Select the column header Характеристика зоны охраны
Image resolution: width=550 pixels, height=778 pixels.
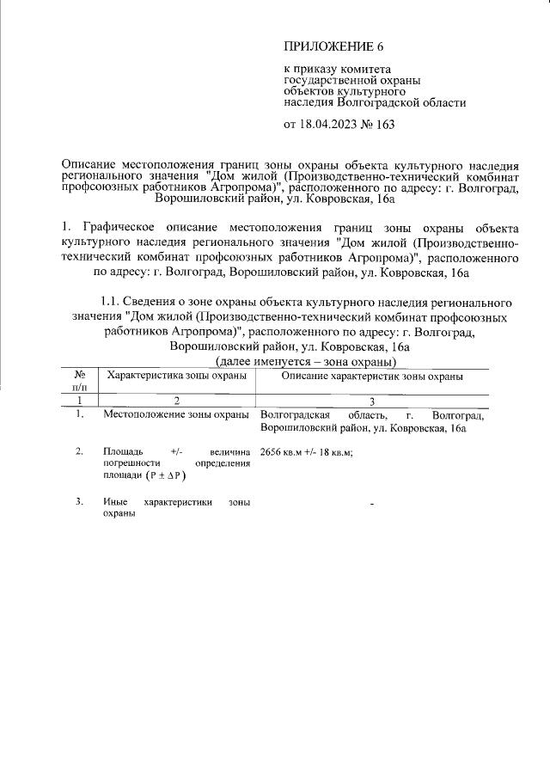(x=176, y=376)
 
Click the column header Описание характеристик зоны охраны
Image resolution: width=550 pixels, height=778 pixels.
(x=372, y=376)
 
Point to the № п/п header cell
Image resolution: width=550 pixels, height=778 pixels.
(x=79, y=382)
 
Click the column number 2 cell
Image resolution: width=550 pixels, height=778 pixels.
(x=176, y=401)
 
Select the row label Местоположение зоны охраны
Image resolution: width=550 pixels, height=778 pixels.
(x=176, y=415)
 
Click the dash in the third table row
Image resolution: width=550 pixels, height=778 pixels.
(x=372, y=503)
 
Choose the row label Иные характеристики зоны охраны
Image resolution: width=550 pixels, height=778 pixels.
(x=176, y=507)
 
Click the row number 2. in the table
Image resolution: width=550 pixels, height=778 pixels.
(x=79, y=450)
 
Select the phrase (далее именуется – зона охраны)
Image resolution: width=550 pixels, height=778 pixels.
(x=311, y=361)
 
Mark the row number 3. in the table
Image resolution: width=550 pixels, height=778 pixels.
(x=79, y=501)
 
